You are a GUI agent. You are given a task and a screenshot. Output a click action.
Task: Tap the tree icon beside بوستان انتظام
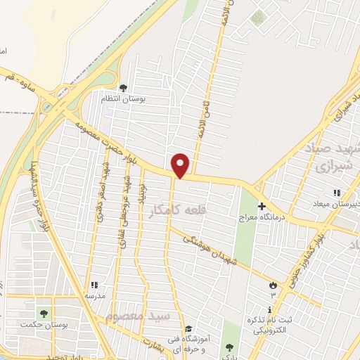click(x=123, y=88)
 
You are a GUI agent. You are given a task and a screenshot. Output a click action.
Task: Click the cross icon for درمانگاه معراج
click(x=262, y=207)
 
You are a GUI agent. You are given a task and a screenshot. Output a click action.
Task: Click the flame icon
click(x=273, y=285)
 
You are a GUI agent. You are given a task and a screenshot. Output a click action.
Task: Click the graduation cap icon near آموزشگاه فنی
click(x=188, y=328)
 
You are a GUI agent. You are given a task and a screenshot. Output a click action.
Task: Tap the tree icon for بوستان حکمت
click(x=44, y=313)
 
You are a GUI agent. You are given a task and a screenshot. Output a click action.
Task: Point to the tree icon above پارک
click(x=229, y=347)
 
